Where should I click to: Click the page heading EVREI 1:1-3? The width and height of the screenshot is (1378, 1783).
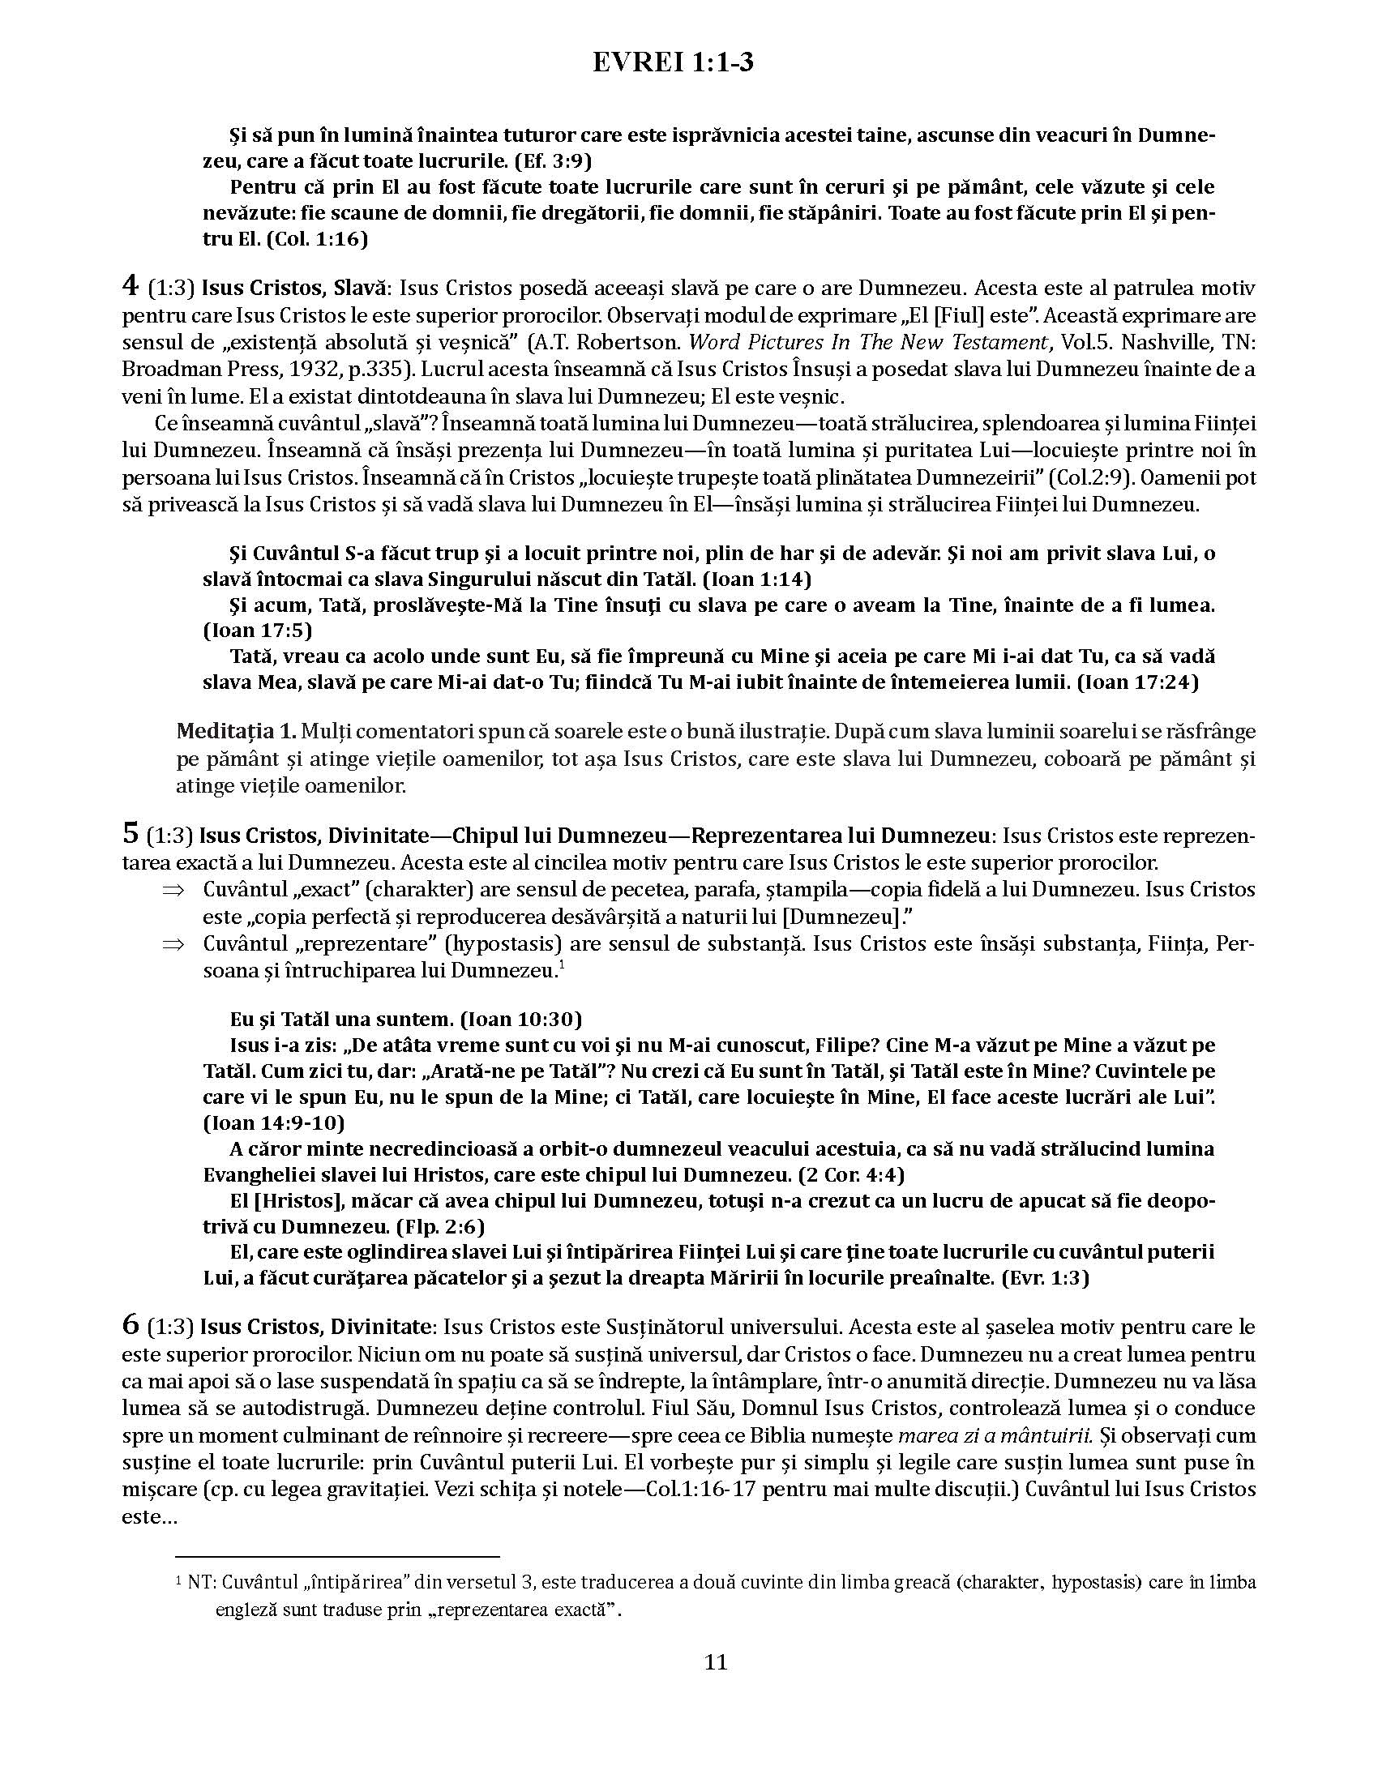coord(673,63)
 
